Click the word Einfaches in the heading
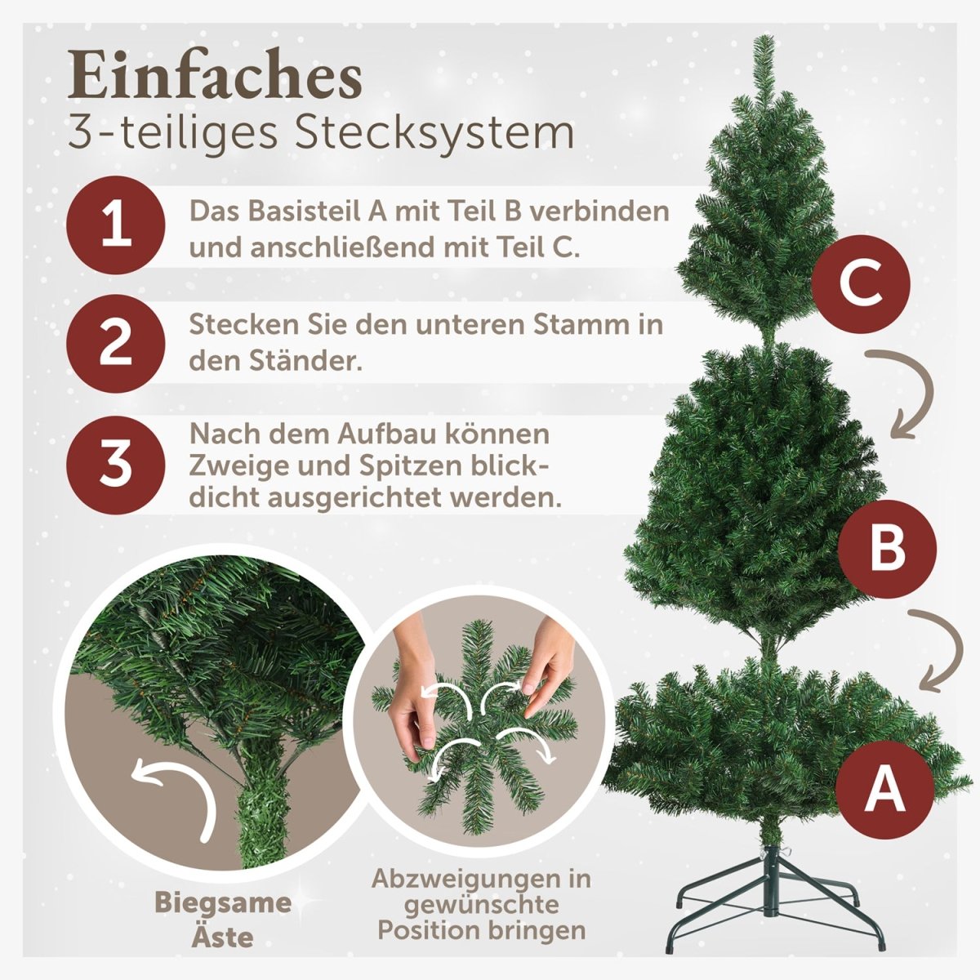coord(215,78)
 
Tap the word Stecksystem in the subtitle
coord(434,132)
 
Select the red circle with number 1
coord(117,225)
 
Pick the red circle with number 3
coord(117,462)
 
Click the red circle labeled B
coord(888,549)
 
